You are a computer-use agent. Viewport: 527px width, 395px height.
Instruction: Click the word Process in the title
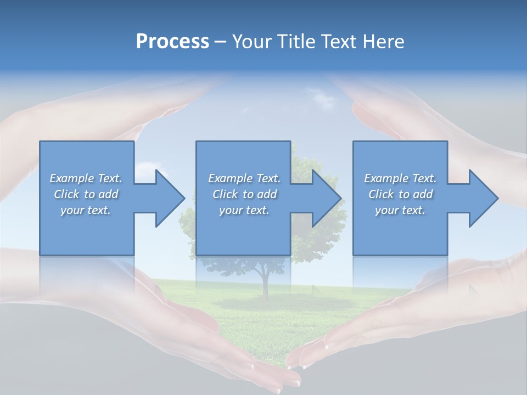(x=172, y=42)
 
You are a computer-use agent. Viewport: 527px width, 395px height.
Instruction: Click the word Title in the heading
(x=295, y=42)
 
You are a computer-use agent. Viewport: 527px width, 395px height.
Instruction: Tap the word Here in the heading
(x=384, y=42)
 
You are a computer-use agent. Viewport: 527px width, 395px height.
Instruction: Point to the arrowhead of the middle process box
(x=326, y=198)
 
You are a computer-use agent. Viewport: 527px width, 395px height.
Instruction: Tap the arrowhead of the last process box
(x=483, y=198)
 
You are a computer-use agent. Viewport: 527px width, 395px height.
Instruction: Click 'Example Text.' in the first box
(x=86, y=178)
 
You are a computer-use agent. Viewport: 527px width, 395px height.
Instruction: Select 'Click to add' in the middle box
(x=245, y=194)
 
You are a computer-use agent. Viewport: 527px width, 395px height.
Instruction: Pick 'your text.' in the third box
(x=400, y=210)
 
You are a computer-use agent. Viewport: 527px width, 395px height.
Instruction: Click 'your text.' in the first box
(x=86, y=210)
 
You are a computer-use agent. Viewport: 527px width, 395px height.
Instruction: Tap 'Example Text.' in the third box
(x=400, y=178)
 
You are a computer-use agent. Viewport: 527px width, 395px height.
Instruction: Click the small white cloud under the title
(x=323, y=100)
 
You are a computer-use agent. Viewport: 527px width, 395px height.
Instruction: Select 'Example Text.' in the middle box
(x=245, y=178)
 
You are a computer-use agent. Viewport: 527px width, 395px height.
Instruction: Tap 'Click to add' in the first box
(x=86, y=194)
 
